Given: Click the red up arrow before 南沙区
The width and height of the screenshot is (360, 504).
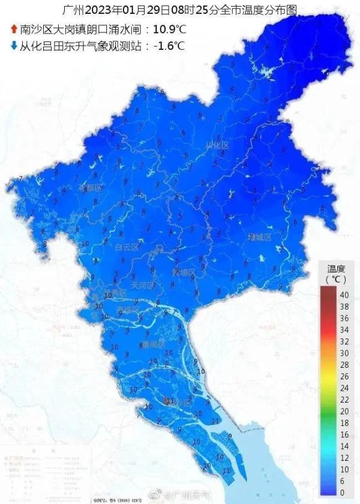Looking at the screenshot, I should pyautogui.click(x=13, y=28).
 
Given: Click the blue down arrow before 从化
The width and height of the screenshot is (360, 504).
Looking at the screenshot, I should pyautogui.click(x=13, y=45).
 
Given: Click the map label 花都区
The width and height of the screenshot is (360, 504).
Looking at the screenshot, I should pyautogui.click(x=91, y=188).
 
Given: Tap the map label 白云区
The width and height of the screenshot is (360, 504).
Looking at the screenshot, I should pyautogui.click(x=127, y=247).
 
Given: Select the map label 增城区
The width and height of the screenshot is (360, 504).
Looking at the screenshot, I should pyautogui.click(x=260, y=237).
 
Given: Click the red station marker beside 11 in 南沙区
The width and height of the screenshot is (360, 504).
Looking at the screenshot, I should pyautogui.click(x=165, y=400).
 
